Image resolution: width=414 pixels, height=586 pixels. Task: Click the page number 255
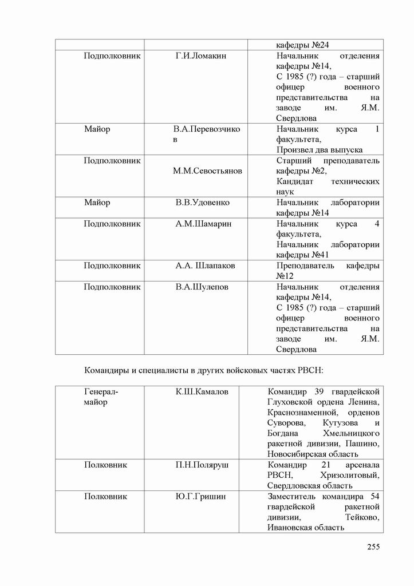click(373, 547)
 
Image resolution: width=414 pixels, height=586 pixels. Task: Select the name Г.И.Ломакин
click(202, 56)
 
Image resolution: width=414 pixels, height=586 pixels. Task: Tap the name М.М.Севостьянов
click(207, 171)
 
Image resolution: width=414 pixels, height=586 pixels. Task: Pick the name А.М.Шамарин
click(203, 224)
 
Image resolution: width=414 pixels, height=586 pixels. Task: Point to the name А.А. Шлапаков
click(205, 266)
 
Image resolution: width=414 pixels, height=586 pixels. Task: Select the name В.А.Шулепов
click(202, 287)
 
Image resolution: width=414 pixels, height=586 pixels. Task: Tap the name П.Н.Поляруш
click(202, 465)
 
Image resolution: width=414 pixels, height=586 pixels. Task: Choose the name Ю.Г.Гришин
click(200, 496)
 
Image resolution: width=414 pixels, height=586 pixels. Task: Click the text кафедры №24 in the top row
click(302, 45)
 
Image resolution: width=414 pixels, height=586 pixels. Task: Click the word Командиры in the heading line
click(106, 370)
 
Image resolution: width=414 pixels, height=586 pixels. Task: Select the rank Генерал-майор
click(101, 397)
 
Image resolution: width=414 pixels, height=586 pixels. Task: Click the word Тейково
click(362, 517)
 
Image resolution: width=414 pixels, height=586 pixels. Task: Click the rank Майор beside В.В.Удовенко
click(97, 203)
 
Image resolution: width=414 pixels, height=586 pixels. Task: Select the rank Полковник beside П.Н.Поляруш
click(105, 465)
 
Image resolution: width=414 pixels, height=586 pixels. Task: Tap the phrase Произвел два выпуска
click(319, 150)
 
